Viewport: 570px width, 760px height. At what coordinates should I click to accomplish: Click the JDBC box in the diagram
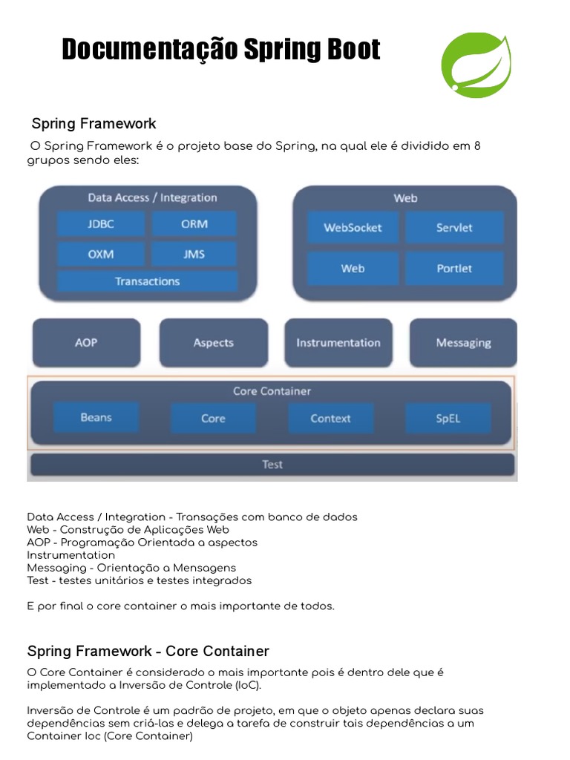101,223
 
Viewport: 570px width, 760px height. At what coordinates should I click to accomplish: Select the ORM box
194,223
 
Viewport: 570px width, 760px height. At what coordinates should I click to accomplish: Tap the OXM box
101,254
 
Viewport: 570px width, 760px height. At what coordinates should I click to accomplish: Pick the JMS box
194,254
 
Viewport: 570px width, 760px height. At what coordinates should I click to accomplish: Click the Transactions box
147,281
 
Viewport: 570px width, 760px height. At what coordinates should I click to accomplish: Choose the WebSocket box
353,228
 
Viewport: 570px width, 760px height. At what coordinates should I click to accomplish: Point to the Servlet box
454,228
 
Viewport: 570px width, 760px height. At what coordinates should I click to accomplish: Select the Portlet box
454,268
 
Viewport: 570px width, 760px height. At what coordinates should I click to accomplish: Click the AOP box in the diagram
86,343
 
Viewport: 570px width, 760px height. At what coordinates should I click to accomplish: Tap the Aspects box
214,343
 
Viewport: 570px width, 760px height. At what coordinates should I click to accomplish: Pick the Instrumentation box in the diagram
338,343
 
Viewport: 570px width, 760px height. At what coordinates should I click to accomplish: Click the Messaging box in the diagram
463,343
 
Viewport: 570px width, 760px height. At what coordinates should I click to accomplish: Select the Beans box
96,418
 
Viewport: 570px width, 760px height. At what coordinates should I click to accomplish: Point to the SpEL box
448,419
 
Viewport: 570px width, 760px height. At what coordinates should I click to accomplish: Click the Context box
331,419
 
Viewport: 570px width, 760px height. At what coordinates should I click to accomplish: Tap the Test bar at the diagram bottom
272,465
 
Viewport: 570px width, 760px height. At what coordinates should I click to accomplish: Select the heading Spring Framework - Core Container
148,651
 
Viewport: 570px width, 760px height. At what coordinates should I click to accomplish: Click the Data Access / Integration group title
152,197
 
